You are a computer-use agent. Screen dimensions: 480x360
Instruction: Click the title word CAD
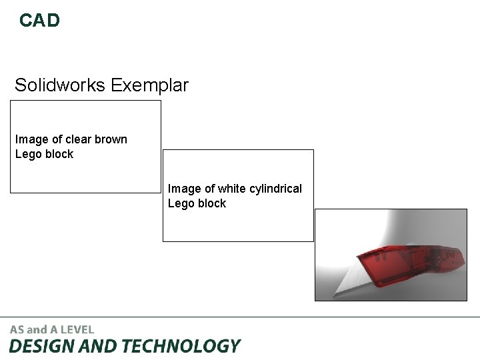coord(39,21)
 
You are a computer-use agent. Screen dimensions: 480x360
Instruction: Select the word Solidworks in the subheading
coord(61,85)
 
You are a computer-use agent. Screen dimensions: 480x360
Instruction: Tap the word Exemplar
coord(150,85)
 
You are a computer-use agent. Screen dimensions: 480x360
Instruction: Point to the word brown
coord(111,139)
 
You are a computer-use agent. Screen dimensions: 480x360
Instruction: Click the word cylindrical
coord(276,189)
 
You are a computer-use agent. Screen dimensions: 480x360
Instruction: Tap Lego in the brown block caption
coord(28,154)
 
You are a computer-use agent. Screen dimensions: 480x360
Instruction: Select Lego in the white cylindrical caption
coord(181,203)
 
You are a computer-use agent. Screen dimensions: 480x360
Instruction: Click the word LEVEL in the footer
coord(79,329)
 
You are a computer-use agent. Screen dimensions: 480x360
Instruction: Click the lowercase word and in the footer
coord(37,329)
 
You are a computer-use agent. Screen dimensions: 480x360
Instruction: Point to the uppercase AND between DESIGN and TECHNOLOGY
coord(97,346)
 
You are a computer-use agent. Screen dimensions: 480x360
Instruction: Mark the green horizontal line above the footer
coord(240,317)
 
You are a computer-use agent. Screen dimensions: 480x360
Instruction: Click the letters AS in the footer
coord(17,329)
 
